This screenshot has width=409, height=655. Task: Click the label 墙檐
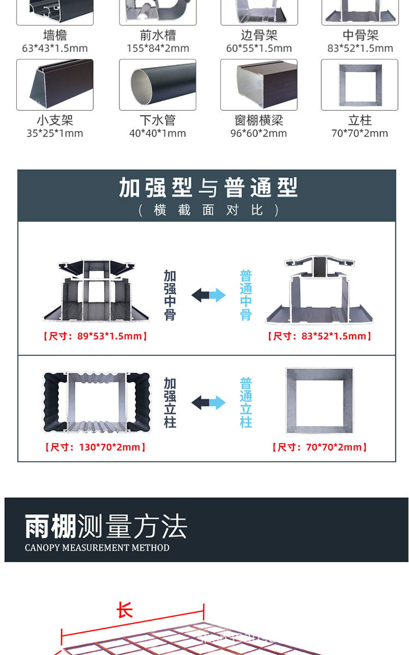(55, 35)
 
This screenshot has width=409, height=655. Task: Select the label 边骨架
(259, 35)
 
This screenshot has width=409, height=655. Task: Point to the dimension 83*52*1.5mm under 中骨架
(360, 49)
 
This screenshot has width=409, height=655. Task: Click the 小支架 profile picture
(55, 85)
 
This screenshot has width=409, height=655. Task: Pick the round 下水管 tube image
(157, 85)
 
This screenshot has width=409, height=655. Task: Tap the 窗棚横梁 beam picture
(259, 85)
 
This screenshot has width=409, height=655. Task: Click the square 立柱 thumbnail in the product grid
(360, 85)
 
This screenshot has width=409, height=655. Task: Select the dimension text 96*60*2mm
(258, 133)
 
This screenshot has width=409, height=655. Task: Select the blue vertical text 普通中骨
(246, 295)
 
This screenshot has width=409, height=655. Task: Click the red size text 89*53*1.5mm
(95, 336)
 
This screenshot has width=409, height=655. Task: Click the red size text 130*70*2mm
(95, 448)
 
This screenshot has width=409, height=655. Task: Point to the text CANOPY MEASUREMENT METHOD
(97, 547)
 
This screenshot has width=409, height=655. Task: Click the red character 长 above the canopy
(125, 610)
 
